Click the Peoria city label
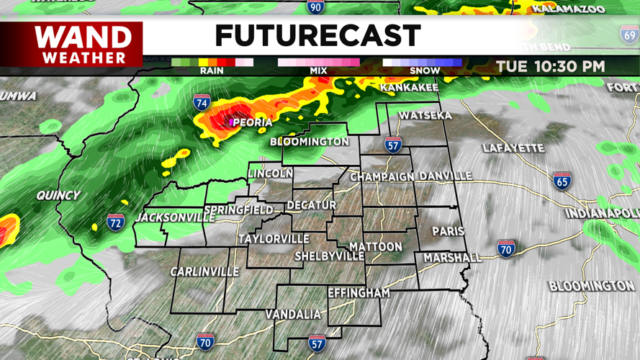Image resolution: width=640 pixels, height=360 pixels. [252, 122]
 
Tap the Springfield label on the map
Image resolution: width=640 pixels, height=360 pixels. [238, 210]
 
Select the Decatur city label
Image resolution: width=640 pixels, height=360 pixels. [311, 205]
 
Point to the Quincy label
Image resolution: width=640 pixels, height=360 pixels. [59, 195]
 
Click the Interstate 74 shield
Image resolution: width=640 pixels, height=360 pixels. [202, 103]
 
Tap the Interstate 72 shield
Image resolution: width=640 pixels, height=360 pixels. [115, 222]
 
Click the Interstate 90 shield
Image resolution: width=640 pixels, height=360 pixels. [315, 7]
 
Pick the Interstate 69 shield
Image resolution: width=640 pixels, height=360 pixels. [629, 34]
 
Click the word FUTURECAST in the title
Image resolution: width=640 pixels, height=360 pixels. [317, 36]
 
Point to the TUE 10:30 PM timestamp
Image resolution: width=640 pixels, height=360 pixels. [550, 66]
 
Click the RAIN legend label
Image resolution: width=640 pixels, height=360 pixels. [212, 71]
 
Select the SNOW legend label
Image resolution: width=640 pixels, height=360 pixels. [424, 71]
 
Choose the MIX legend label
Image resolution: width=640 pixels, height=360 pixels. [318, 71]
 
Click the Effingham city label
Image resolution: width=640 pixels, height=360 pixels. [359, 293]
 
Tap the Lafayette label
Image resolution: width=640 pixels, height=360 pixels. [513, 148]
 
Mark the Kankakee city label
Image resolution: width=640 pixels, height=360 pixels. [409, 88]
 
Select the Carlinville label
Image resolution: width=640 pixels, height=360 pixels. [204, 271]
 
